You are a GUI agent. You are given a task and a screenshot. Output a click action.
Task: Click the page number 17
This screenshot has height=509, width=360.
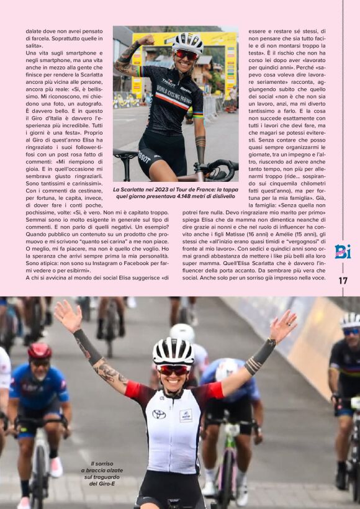(343, 281)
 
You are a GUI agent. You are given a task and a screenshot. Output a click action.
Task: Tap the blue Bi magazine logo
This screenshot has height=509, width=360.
(343, 251)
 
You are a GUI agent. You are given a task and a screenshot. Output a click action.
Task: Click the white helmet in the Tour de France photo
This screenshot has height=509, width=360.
(187, 42)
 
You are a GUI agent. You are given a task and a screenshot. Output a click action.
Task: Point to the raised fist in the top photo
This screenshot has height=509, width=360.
(146, 40)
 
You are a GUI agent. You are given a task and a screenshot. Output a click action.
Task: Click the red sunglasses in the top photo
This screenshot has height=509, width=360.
(186, 55)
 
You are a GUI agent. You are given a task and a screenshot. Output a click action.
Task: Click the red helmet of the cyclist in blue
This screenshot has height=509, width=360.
(40, 351)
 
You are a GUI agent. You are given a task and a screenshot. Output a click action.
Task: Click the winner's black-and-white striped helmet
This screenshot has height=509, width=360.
(173, 351)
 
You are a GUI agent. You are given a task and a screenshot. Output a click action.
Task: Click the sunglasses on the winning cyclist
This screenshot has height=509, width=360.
(173, 370)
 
